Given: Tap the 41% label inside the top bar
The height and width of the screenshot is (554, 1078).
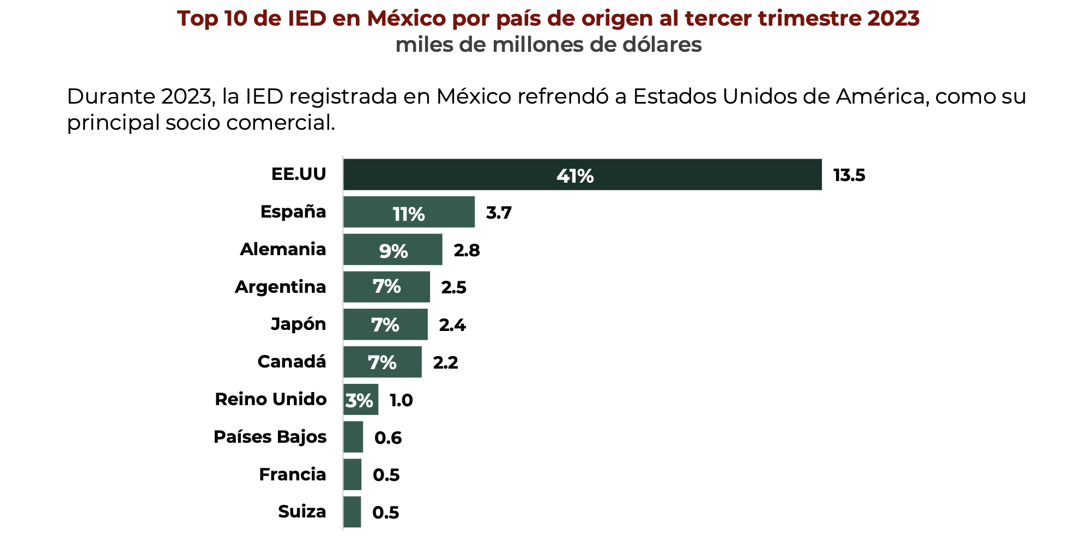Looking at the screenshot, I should click(575, 176).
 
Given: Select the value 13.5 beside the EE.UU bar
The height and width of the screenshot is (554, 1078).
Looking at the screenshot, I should click(849, 176).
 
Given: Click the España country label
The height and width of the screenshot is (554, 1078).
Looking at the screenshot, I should click(293, 212).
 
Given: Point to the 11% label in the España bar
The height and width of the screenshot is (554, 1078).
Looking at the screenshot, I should click(408, 214).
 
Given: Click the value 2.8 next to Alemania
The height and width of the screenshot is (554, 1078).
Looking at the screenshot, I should click(467, 250).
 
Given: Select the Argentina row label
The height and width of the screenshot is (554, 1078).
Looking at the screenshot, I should click(280, 287).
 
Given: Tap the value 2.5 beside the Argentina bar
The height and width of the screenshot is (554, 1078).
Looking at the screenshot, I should click(453, 287).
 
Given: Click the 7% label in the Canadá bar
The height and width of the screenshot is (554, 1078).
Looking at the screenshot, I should click(382, 362).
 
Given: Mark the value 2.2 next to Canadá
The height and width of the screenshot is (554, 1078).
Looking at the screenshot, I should click(445, 363).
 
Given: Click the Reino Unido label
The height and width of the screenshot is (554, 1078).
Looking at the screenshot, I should click(270, 399).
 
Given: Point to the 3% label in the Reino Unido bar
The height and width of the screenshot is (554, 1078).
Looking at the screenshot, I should click(359, 401).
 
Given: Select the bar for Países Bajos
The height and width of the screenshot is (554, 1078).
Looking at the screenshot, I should click(353, 437).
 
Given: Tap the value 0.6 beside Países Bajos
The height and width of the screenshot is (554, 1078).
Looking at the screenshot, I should click(388, 438).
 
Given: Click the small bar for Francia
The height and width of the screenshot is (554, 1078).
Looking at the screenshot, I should click(352, 474).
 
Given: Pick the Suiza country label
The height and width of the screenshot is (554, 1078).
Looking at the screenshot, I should click(302, 511).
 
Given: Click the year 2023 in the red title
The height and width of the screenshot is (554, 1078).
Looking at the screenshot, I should click(893, 19).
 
